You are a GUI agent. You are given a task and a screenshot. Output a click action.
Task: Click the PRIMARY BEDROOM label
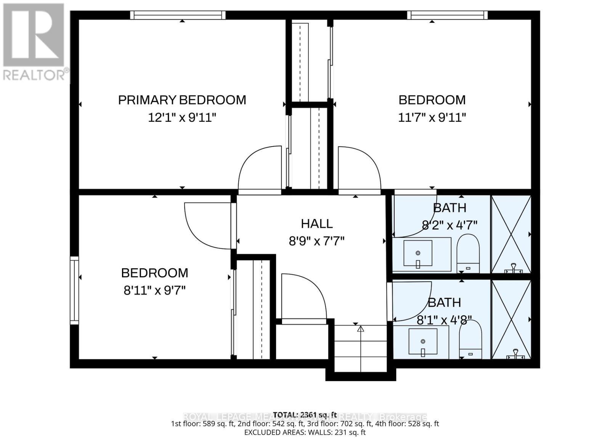182,100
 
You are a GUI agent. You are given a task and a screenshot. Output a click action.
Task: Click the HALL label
316,224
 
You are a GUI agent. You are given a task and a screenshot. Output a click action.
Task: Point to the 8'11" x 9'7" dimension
154,291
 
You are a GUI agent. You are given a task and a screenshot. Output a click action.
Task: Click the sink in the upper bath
418,253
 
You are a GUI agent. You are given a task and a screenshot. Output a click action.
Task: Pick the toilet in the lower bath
470,340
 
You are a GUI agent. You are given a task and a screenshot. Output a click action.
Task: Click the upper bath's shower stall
511,234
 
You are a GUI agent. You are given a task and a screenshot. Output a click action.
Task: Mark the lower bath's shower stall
511,319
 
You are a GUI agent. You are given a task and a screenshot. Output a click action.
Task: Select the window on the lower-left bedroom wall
74,291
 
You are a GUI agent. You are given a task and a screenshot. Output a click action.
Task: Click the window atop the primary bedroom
178,15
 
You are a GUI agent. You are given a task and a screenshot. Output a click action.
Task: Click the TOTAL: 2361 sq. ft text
305,415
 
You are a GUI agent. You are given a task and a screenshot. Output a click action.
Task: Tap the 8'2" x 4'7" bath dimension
449,225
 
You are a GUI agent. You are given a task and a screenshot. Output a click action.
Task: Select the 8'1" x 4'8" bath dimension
444,320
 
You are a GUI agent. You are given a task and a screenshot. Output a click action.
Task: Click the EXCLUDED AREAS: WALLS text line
305,432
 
